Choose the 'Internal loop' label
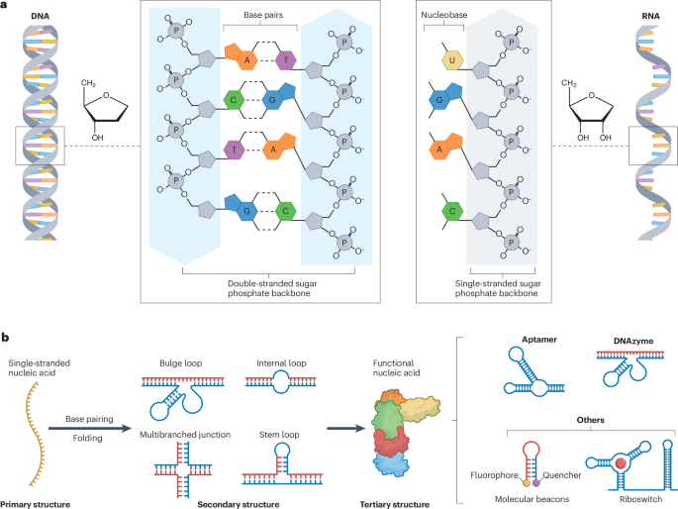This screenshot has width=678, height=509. click(280, 363)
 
